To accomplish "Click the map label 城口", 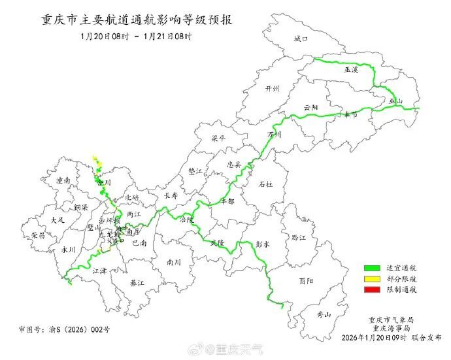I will (300, 39).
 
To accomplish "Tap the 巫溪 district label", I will (352, 69).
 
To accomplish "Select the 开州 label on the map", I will (273, 88).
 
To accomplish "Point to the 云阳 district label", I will (310, 107).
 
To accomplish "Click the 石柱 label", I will (265, 185).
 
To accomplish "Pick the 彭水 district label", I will (263, 242).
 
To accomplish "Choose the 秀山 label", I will (324, 315).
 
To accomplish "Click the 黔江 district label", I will (299, 238).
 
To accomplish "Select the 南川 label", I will (174, 262).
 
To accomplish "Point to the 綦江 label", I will (137, 283).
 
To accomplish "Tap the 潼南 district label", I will (63, 180).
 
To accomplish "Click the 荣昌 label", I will (38, 235).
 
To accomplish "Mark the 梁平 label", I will (218, 139).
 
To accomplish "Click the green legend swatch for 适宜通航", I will (372, 268).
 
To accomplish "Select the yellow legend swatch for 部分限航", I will (372, 278).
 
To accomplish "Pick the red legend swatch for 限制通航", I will (372, 289).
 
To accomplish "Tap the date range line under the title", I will (137, 37).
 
